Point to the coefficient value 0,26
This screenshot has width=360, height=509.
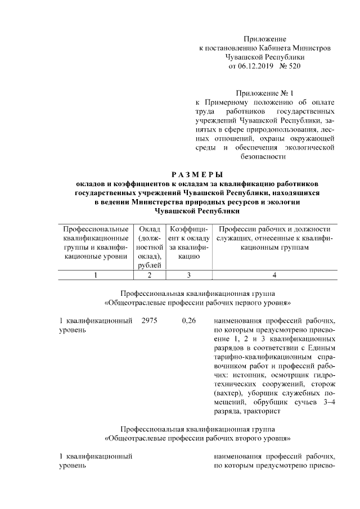pyautogui.click(x=189, y=321)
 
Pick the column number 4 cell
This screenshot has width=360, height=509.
pyautogui.click(x=274, y=275)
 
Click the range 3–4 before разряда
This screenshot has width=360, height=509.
pyautogui.click(x=327, y=402)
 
